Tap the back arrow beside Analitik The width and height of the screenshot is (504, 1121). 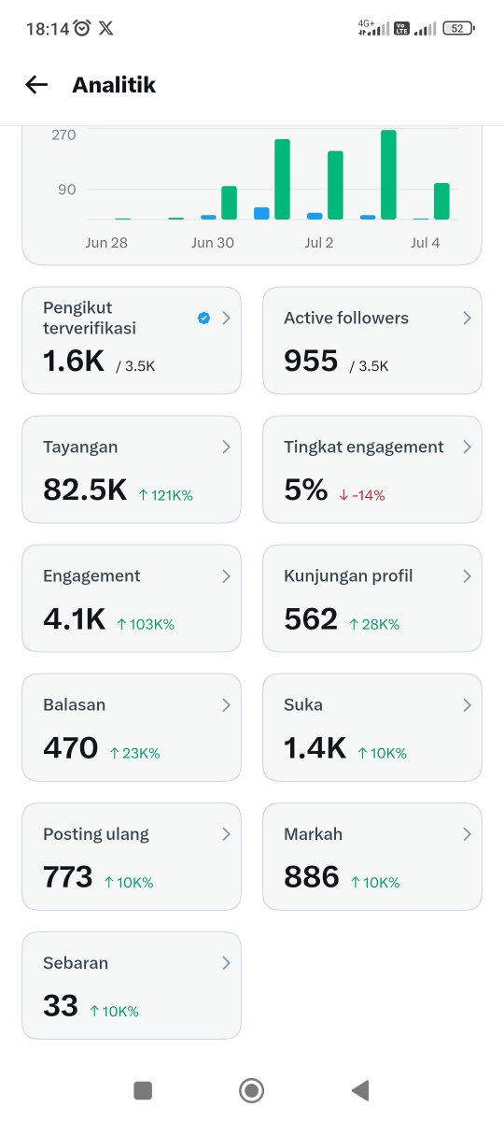(36, 85)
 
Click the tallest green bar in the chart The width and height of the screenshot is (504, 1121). (388, 175)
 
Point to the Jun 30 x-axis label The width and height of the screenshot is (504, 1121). (213, 243)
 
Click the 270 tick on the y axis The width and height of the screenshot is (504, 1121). (63, 135)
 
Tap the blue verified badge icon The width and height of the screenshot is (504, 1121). (203, 318)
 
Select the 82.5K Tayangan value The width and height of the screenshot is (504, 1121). (85, 490)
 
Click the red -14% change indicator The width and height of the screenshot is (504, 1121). (362, 495)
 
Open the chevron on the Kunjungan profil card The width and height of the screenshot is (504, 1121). (467, 576)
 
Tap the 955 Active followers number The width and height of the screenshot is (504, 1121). (311, 361)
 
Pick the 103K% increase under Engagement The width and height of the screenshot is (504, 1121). (146, 624)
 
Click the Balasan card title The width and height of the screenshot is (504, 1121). (74, 704)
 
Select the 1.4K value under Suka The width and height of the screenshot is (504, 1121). (315, 748)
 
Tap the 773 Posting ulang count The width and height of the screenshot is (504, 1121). (68, 877)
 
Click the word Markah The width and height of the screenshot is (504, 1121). (313, 833)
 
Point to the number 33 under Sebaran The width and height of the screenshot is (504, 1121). (61, 1006)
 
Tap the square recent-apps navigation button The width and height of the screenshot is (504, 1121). (143, 1090)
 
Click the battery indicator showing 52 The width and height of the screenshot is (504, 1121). (458, 29)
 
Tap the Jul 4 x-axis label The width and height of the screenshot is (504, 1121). (425, 243)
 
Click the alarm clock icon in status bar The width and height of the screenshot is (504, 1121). (82, 28)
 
